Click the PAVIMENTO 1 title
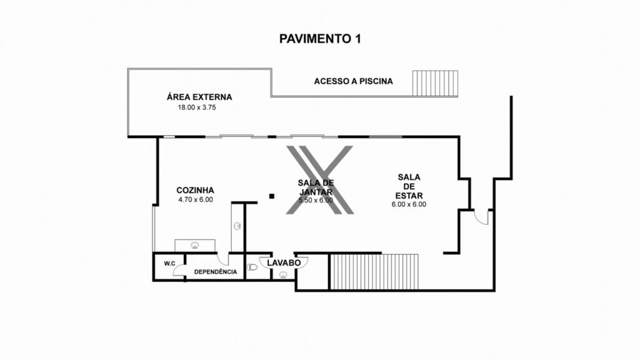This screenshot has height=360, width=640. [x=320, y=39]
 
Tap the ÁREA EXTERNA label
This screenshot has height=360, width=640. [x=199, y=97]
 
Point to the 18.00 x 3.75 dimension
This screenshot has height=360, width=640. [x=197, y=107]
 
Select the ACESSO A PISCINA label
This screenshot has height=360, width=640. [x=354, y=81]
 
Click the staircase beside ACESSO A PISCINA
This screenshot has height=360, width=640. [x=435, y=84]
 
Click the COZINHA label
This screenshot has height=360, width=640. [x=195, y=190]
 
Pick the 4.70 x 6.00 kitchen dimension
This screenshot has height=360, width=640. [x=196, y=199]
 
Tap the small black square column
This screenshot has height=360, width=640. [x=272, y=196]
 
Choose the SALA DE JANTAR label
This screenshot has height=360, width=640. [x=316, y=187]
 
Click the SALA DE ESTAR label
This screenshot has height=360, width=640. [x=409, y=186]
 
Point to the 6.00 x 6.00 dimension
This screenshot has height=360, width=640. [x=409, y=204]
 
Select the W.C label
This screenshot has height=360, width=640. [x=170, y=264]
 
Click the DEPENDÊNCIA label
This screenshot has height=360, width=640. [x=216, y=272]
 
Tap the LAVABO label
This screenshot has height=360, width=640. [x=284, y=263]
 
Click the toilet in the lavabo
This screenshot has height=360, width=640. [x=252, y=267]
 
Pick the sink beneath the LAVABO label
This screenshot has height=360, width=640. [x=283, y=275]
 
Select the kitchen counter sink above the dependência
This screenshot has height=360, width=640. [x=195, y=245]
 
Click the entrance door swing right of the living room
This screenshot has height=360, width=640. [x=482, y=217]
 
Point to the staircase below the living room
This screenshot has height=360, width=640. [x=374, y=272]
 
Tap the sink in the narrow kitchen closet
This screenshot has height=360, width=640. [x=237, y=226]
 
